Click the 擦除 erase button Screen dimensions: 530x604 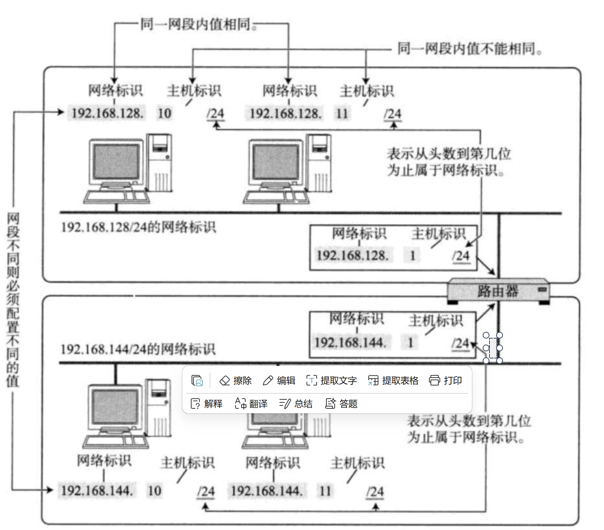point(236,381)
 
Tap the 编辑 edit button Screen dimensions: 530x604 point(279,381)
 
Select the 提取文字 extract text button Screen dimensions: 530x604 point(332,381)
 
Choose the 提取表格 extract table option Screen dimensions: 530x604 point(393,381)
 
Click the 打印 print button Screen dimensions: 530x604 point(445,381)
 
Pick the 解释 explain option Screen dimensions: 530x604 point(207,404)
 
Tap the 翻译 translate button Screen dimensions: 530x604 point(251,404)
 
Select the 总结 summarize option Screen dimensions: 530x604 point(296,404)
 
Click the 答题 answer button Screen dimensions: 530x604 point(341,404)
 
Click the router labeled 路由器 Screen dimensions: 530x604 point(498,291)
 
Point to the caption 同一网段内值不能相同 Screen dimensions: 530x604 point(470,49)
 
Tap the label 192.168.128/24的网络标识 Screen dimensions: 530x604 point(138,227)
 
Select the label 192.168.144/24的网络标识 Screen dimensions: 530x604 point(138,349)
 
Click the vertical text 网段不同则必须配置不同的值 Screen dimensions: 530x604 point(13,300)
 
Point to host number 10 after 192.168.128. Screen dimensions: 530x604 point(165,113)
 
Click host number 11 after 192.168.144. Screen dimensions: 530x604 point(325,491)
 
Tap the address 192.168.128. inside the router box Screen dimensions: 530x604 point(352,256)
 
